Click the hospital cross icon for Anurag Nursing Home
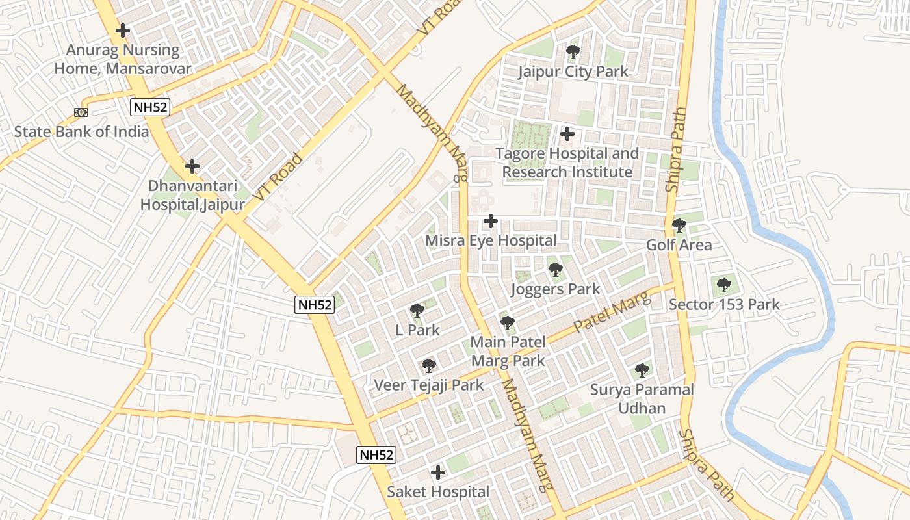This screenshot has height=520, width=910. pyautogui.click(x=122, y=31)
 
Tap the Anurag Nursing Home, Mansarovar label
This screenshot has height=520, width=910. pyautogui.click(x=122, y=59)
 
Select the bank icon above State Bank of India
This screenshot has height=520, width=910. pyautogui.click(x=81, y=112)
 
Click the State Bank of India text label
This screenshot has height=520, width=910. pyautogui.click(x=81, y=132)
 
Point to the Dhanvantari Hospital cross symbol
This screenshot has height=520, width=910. pyautogui.click(x=192, y=166)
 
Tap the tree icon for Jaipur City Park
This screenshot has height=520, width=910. pyautogui.click(x=573, y=52)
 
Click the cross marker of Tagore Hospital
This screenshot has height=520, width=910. pyautogui.click(x=567, y=135)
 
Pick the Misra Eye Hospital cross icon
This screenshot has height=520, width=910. pyautogui.click(x=491, y=222)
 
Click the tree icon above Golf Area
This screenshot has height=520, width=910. pyautogui.click(x=679, y=226)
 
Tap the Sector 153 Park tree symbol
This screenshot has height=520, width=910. pyautogui.click(x=723, y=285)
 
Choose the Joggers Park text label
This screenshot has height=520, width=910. pyautogui.click(x=555, y=289)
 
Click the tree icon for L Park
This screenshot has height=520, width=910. pyautogui.click(x=417, y=311)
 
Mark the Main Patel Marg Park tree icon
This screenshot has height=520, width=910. pyautogui.click(x=508, y=322)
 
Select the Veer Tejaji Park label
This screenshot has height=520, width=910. pyautogui.click(x=428, y=385)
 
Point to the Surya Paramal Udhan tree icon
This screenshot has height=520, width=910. pyautogui.click(x=642, y=370)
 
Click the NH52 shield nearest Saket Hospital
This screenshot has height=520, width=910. pyautogui.click(x=376, y=455)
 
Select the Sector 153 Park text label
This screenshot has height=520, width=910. pyautogui.click(x=724, y=304)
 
